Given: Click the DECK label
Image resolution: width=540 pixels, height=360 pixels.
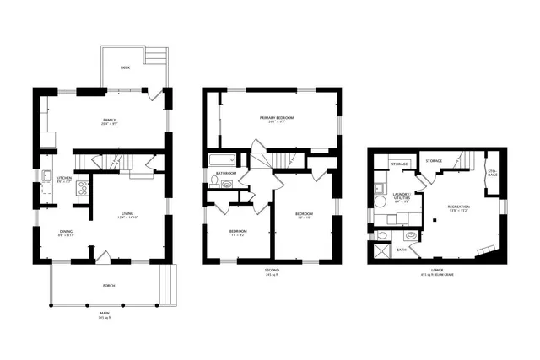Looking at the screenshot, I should coord(125,67).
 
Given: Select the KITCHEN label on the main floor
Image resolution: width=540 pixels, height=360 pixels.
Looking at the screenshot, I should coord(64,179).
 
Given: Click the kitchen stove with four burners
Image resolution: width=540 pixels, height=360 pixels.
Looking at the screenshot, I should coord(83,187).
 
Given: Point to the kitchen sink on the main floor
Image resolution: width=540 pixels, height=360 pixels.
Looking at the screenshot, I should coord(45,177).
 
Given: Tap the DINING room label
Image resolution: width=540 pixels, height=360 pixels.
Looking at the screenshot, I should coord(66,233).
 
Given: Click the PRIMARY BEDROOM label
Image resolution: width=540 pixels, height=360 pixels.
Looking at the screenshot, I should coord(276,118).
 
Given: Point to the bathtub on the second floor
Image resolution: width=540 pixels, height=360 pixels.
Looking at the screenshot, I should coord(224,160).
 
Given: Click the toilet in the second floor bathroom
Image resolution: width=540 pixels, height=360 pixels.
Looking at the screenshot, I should coord(214,182).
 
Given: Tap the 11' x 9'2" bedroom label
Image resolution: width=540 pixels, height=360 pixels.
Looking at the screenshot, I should coord(238,232).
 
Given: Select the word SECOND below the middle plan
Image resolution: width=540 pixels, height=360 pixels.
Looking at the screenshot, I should coord(271,270).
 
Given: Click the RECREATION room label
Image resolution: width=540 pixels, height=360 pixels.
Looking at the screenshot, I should coord(458,207).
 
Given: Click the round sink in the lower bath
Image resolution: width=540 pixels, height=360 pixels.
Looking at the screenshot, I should coord(412,236).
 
